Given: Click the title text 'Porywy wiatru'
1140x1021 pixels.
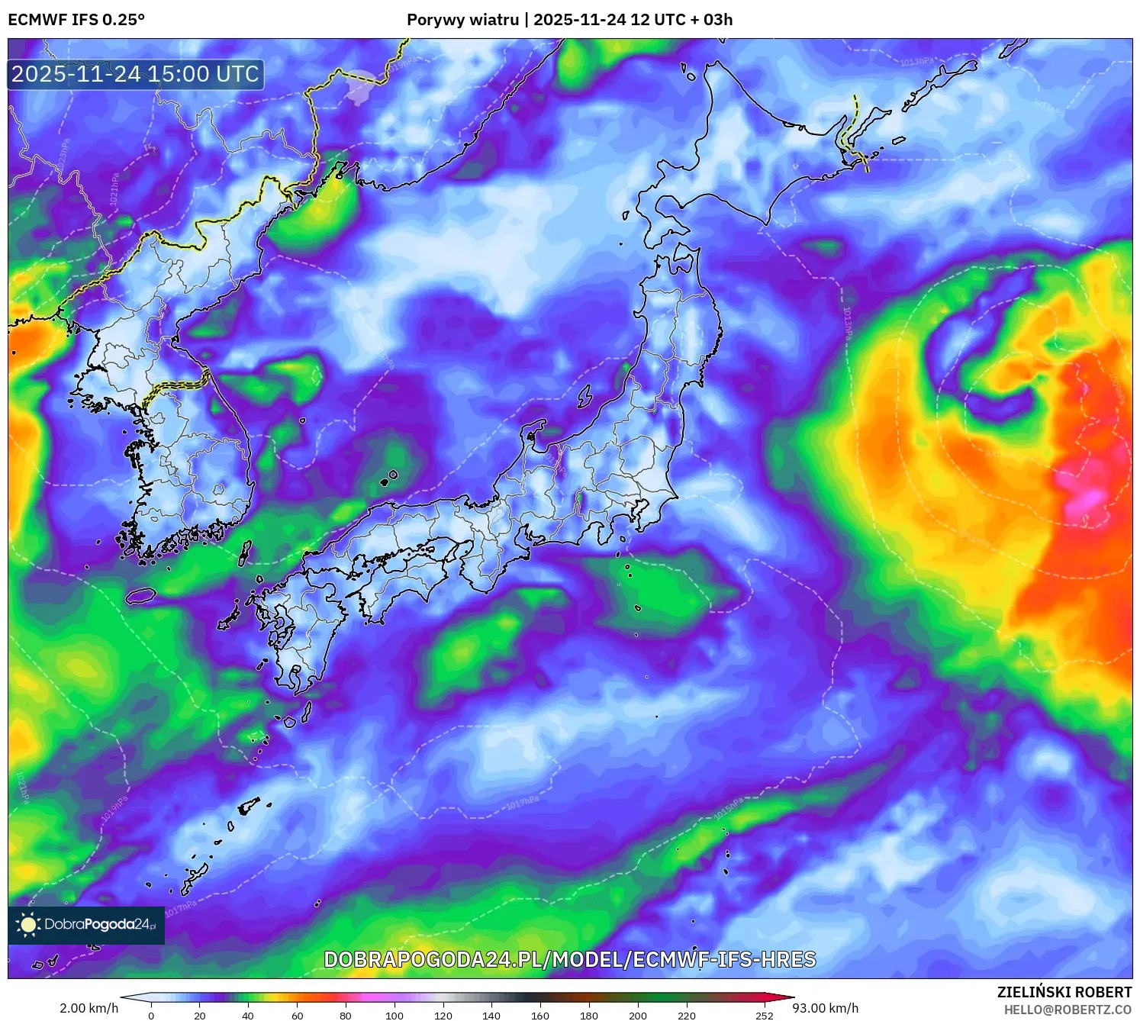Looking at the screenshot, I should point(462,20).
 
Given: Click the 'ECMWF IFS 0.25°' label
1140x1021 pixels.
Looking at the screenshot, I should point(76,20).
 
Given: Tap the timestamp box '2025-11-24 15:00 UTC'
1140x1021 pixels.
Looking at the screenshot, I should point(136,74).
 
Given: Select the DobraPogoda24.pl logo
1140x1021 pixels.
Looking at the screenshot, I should point(86,925).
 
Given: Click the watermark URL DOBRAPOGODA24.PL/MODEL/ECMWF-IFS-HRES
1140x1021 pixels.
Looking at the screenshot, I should point(570,959).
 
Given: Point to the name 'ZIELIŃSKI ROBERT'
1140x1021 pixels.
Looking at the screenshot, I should point(1064,992).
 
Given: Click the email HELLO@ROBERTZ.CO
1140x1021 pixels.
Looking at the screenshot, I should point(1068,1010).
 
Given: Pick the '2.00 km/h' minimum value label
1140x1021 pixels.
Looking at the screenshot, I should point(89,1008).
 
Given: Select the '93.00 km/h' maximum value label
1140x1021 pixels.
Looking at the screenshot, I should point(825,1008).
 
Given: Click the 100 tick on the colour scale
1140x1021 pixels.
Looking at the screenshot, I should point(394,1015).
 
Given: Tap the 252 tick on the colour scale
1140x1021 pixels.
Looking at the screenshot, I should point(765,1015).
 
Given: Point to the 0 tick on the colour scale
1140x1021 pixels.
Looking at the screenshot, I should point(151,1015).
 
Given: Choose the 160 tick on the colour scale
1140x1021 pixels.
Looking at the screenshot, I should point(540,1015).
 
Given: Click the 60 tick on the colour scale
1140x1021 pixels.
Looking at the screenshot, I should point(298,1015).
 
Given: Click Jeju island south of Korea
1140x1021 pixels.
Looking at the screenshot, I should point(140,595).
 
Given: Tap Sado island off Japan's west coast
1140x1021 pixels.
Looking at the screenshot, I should point(585,396).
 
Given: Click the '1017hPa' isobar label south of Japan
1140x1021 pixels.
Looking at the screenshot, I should point(523,803).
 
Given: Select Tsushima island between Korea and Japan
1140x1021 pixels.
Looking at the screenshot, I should point(245,552).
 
